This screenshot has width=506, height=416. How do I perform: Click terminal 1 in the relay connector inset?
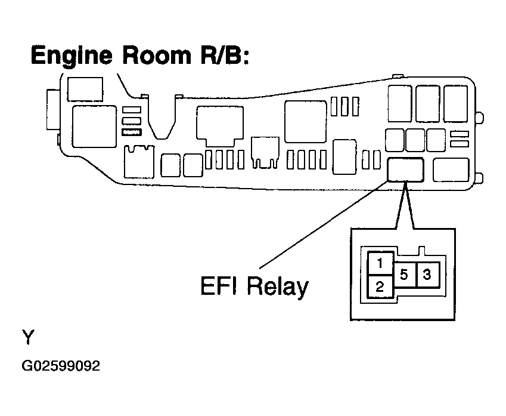[380, 263]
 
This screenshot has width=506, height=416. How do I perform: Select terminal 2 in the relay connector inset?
[380, 286]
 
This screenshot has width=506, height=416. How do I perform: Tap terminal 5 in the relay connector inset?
[404, 275]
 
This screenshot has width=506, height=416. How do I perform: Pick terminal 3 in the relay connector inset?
[427, 275]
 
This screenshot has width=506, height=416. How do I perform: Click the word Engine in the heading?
[72, 56]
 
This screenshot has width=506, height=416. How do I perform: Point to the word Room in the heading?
[157, 56]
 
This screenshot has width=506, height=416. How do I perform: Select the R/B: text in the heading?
[225, 56]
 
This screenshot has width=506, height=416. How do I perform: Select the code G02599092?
[61, 366]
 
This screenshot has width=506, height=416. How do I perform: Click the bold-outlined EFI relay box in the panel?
[406, 170]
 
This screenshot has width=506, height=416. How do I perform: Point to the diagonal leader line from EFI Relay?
[324, 224]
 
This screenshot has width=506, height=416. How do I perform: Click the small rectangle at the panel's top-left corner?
[85, 89]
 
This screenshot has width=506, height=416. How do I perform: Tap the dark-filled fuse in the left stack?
[132, 132]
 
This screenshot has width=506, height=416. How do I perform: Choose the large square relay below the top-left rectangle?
[95, 127]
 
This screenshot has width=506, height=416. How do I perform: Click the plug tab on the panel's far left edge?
[53, 110]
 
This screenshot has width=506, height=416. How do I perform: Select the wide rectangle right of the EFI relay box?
[451, 170]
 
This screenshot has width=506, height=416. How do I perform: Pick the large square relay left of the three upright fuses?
[305, 122]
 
